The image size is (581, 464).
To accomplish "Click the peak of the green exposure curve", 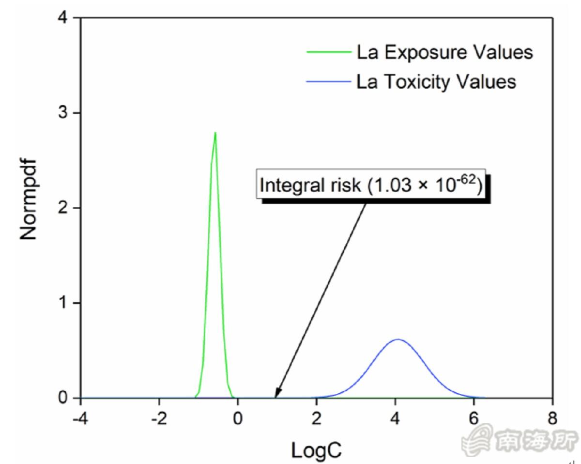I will pyautogui.click(x=214, y=133).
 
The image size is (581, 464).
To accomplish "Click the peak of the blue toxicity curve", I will pyautogui.click(x=398, y=340).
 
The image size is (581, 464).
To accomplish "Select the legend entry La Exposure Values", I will pyautogui.click(x=444, y=52).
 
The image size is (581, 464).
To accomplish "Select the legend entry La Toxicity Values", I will pyautogui.click(x=436, y=82).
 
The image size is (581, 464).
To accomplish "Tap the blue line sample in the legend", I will pyautogui.click(x=329, y=82).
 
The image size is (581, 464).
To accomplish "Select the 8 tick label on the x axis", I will pyautogui.click(x=553, y=418).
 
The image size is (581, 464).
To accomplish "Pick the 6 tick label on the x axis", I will pyautogui.click(x=474, y=418).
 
